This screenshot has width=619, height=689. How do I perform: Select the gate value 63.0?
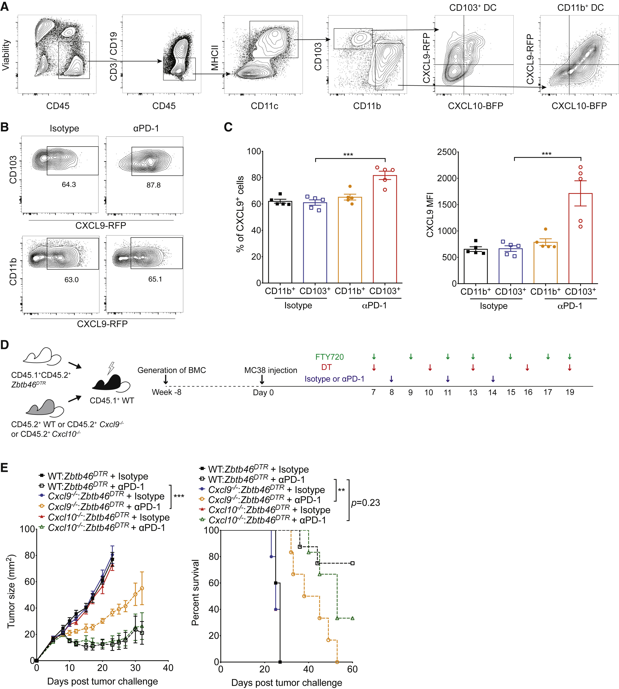71,280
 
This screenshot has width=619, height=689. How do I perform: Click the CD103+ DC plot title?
473,8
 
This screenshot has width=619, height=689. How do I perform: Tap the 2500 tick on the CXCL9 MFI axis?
447,152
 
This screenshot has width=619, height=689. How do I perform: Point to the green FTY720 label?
329,357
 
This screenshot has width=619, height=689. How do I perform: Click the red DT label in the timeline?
326,367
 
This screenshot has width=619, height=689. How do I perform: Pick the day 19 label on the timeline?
570,392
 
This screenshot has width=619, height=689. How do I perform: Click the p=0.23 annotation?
366,503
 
